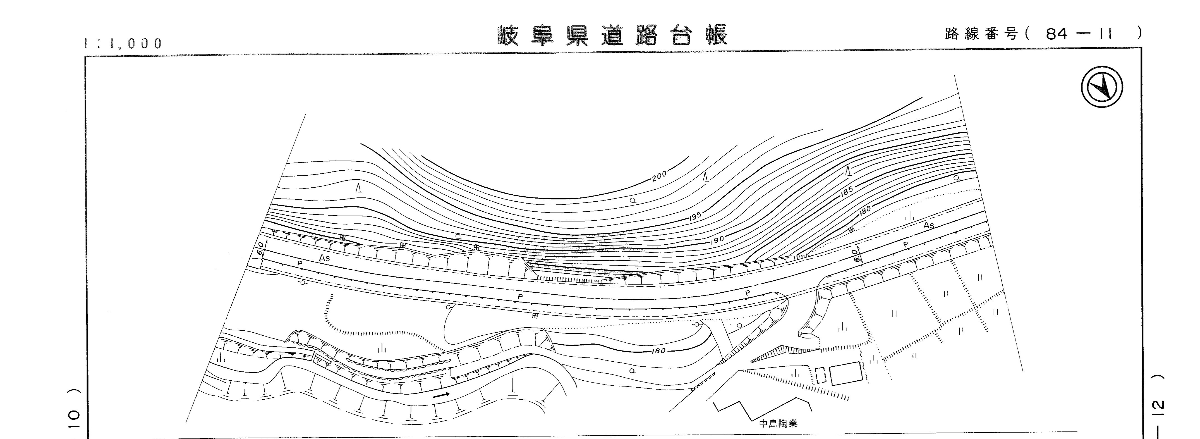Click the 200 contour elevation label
click(x=659, y=176)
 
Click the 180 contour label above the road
click(x=864, y=211)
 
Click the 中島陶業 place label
click(x=778, y=424)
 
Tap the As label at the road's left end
click(x=325, y=258)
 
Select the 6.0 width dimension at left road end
click(x=260, y=248)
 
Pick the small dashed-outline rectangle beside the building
click(x=821, y=375)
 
